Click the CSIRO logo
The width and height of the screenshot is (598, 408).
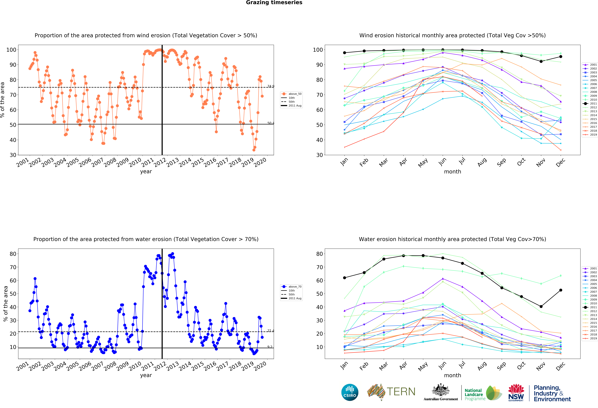coord(350,392)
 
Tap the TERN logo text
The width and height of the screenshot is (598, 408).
coord(401,392)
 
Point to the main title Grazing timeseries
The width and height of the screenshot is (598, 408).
coord(274,3)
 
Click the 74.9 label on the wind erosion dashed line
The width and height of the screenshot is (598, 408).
coord(271,86)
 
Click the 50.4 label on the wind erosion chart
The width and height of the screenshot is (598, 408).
coord(271,123)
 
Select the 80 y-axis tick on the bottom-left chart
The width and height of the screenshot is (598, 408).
coord(13,254)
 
